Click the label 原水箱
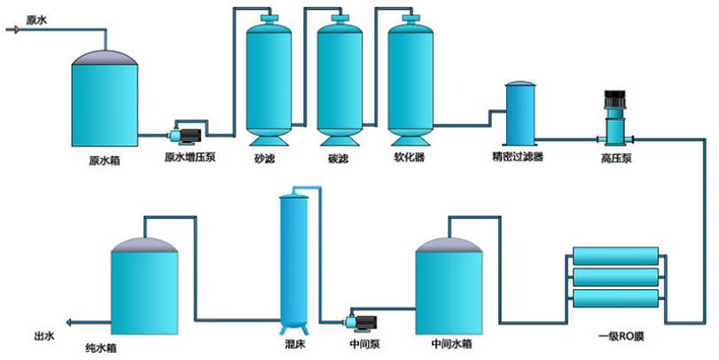105,161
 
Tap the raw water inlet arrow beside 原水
12,30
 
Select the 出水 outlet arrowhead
70,323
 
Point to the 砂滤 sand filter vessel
269,81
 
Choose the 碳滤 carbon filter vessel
340,81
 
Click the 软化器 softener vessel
410,81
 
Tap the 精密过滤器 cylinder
520,113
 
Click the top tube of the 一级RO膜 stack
616,256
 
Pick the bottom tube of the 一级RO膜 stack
616,298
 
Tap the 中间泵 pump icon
363,323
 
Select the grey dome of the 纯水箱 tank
145,245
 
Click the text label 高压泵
616,159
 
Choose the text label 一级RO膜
621,337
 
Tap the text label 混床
294,344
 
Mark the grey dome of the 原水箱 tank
105,58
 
